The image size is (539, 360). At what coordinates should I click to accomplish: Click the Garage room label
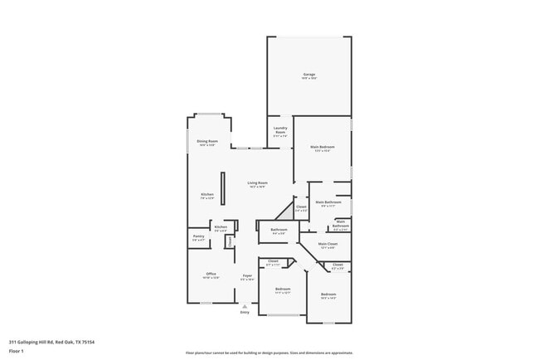(x=308, y=75)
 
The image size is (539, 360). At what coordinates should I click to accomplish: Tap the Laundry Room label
(x=280, y=130)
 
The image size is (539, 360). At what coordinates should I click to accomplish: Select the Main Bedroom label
(x=323, y=147)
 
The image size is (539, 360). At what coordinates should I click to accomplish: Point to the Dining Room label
(x=207, y=142)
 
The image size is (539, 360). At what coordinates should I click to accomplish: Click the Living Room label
(x=258, y=183)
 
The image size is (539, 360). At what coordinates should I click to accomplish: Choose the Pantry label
(x=198, y=236)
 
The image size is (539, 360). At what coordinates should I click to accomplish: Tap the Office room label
(x=211, y=274)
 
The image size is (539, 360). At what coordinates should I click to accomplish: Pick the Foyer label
(x=247, y=275)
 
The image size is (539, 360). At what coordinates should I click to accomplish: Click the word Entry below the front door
(x=245, y=312)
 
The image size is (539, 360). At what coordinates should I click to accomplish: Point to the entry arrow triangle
(x=245, y=305)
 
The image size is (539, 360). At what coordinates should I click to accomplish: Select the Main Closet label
(x=328, y=244)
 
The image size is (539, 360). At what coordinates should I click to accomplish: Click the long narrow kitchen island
(x=221, y=185)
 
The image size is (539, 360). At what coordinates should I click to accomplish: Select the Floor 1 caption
(x=17, y=352)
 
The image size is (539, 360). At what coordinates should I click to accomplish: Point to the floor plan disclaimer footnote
(x=269, y=352)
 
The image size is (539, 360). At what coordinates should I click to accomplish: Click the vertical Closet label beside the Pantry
(x=230, y=241)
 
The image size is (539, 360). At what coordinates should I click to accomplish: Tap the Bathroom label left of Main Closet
(x=279, y=230)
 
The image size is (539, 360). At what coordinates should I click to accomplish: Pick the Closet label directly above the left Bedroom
(x=274, y=262)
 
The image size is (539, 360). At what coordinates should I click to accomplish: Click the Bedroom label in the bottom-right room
(x=328, y=294)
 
